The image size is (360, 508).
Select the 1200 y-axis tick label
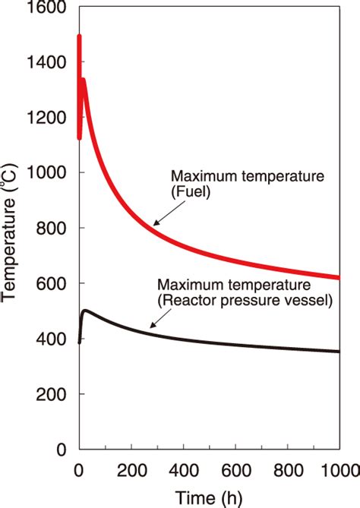pyautogui.click(x=47, y=118)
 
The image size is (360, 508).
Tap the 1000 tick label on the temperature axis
pyautogui.click(x=47, y=173)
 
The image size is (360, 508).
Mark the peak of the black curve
pyautogui.click(x=86, y=311)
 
